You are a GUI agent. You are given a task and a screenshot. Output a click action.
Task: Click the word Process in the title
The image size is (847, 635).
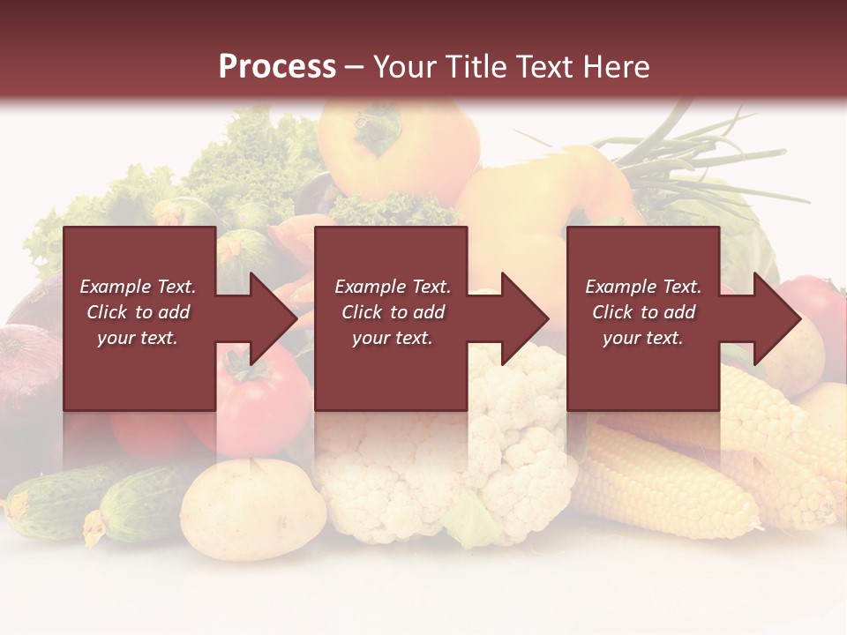tap(277, 67)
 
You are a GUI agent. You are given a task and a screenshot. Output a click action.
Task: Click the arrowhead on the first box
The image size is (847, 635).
tap(265, 318)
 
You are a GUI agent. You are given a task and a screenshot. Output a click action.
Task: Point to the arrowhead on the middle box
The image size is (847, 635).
tap(517, 318)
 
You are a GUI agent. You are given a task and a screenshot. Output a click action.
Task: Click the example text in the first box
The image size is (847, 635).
tap(139, 312)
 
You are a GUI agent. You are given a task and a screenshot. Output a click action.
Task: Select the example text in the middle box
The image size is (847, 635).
tap(393, 312)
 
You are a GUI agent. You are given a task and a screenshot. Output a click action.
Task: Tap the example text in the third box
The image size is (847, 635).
tap(643, 312)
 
